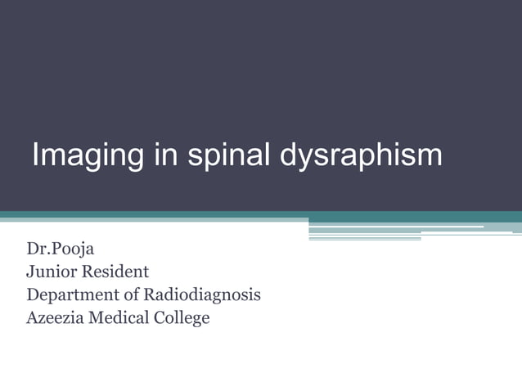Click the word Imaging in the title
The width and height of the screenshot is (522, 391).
coord(83,155)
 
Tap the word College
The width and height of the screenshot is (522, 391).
coord(183,317)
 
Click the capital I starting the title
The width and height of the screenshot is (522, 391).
coord(35,155)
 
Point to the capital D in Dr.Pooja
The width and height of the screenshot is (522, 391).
coord(33,249)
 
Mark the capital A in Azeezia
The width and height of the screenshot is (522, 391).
coord(32,317)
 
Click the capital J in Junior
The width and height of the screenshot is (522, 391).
coord(30,272)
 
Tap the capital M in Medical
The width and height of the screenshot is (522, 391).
coord(99,317)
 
